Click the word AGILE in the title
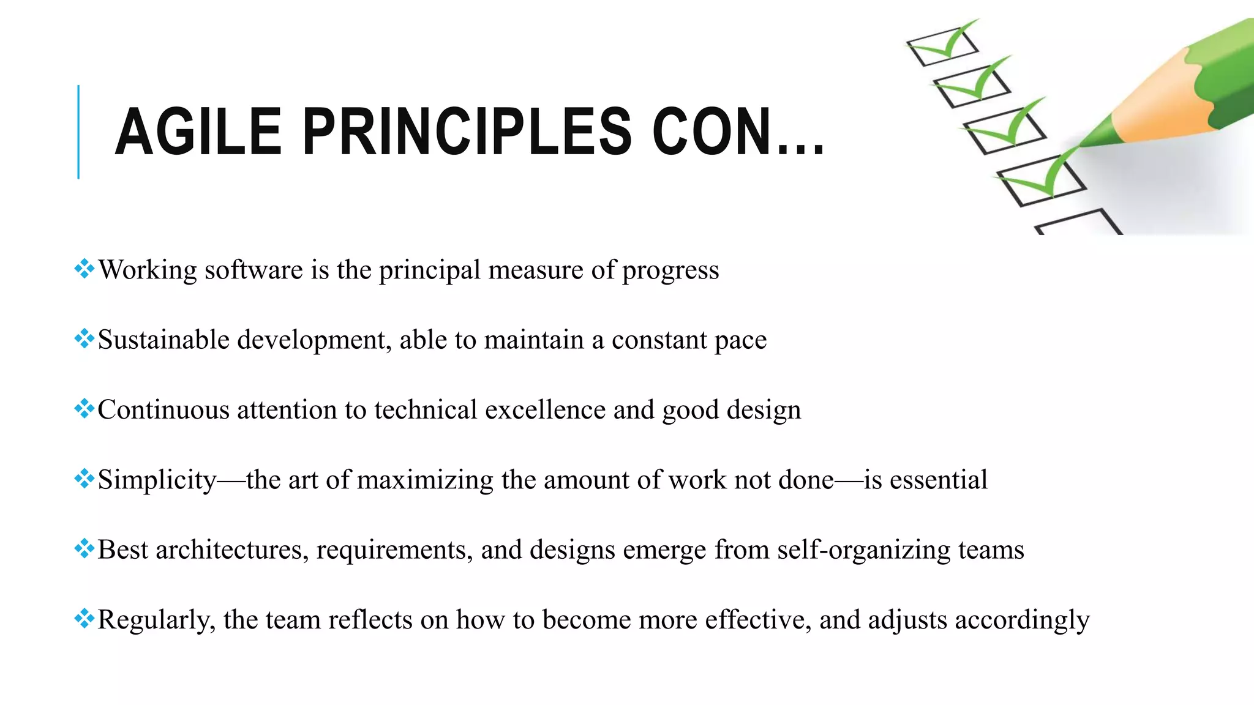(x=198, y=132)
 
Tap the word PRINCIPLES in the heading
(x=467, y=132)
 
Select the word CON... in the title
(x=738, y=132)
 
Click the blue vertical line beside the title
(x=78, y=132)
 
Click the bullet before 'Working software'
(x=84, y=268)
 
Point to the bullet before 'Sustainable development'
(x=84, y=338)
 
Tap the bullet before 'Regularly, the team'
(x=84, y=618)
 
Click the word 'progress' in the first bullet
(x=670, y=270)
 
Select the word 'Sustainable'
(x=163, y=340)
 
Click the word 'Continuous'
(x=163, y=409)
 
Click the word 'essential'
(x=938, y=479)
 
